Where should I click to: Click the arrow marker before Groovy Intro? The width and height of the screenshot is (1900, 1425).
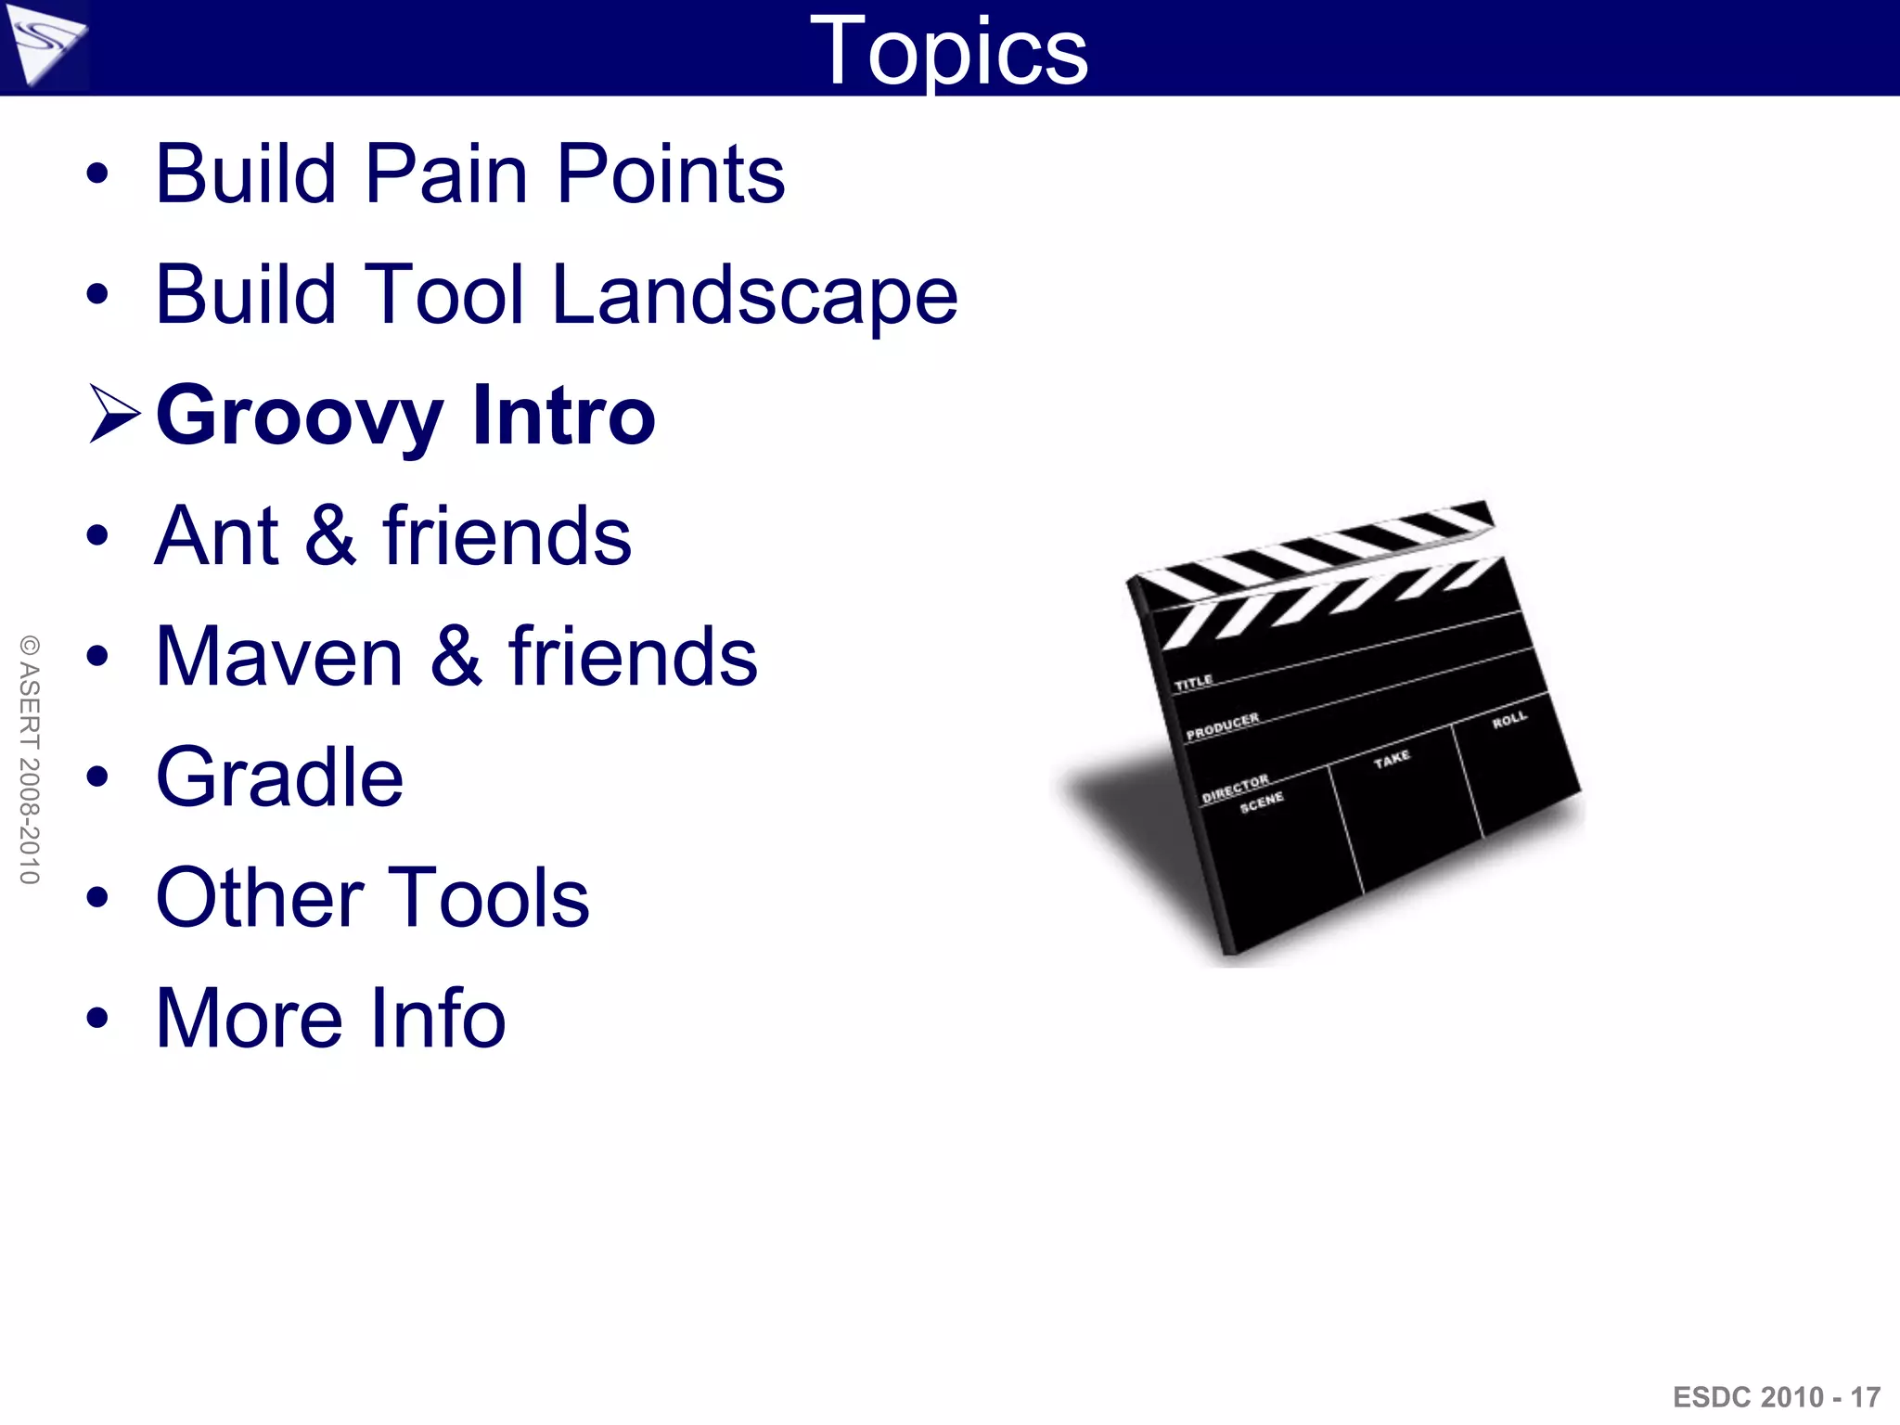tap(113, 414)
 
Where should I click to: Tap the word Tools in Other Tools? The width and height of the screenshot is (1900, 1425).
tap(488, 897)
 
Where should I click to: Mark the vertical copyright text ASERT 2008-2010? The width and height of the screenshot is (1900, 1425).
tap(30, 759)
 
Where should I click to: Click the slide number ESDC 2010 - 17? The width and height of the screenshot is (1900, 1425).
tap(1776, 1396)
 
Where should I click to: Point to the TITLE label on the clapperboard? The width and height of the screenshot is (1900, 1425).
tap(1193, 683)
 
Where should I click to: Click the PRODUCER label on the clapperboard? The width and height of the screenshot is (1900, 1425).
tap(1223, 725)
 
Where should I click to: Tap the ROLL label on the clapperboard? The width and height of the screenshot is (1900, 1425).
tap(1509, 720)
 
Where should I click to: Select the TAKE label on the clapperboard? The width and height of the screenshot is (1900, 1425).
tap(1392, 759)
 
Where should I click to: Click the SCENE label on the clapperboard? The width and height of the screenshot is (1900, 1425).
tap(1262, 802)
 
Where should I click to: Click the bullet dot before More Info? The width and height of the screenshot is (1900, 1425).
tap(97, 1018)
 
